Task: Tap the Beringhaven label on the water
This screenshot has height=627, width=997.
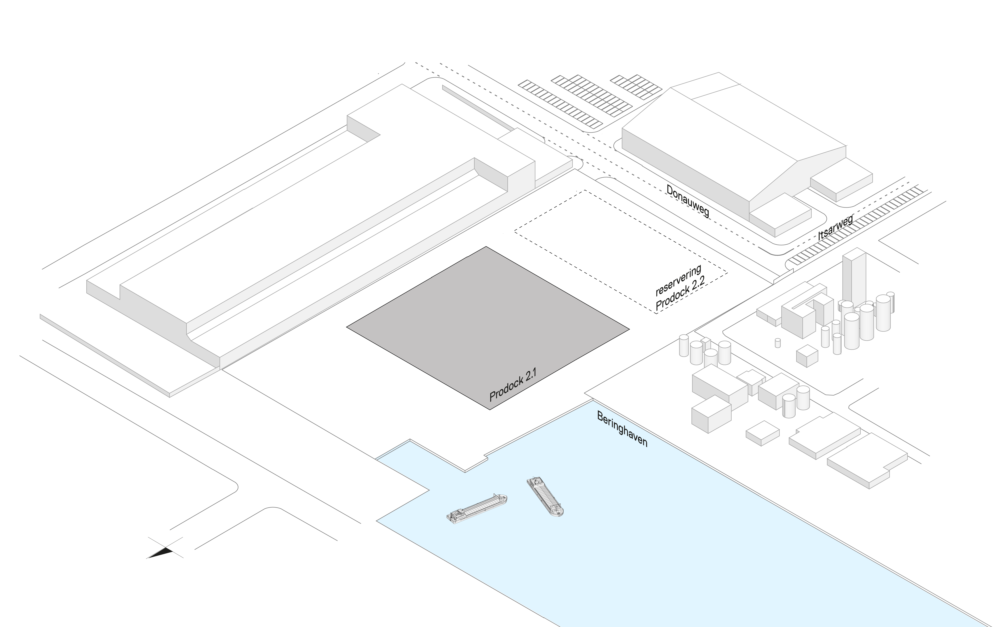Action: [x=622, y=429]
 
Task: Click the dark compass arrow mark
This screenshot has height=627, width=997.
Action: [x=166, y=549]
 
